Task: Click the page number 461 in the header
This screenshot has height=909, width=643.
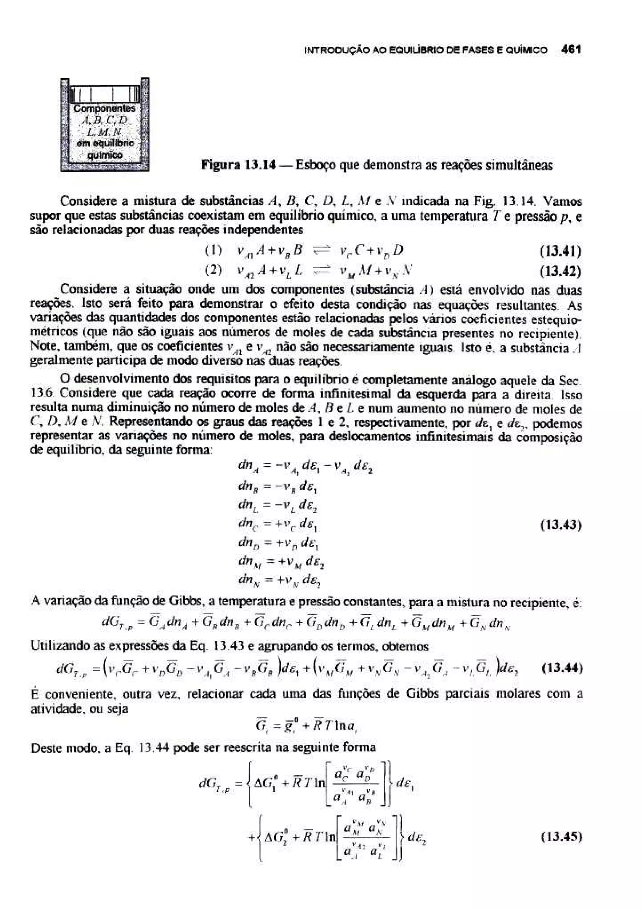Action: [x=570, y=50]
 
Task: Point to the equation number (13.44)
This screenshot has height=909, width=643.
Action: [x=561, y=669]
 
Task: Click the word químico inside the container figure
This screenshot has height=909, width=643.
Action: [x=105, y=156]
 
